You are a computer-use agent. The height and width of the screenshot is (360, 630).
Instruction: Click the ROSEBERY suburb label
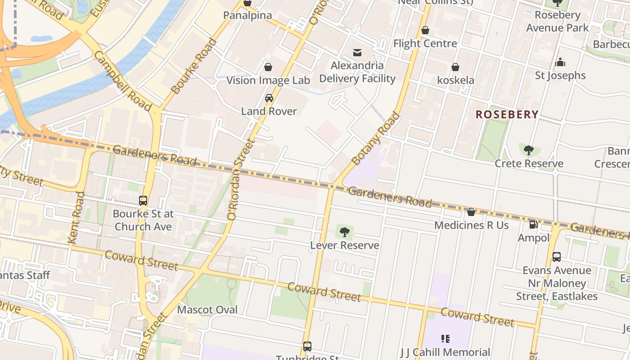pos(507,115)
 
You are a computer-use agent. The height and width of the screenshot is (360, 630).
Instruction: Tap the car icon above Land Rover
pos(269,98)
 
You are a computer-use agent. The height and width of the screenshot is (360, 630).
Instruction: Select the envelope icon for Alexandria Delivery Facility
pos(357,53)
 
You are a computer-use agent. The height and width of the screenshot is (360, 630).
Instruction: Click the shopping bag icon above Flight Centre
pos(425,31)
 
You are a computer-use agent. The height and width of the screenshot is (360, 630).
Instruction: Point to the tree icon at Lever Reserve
pos(344,232)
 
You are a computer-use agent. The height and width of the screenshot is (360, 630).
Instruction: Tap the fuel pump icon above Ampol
pos(533,225)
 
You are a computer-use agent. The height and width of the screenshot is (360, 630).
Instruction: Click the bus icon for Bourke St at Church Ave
pos(143,201)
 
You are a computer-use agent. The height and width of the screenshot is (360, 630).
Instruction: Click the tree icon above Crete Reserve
pos(529,150)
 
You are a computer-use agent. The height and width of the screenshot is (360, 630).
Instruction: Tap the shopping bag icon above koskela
pos(455,67)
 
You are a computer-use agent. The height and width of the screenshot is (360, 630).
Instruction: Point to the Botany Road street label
pos(375,139)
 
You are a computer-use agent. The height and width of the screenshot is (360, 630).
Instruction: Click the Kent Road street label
pos(76,218)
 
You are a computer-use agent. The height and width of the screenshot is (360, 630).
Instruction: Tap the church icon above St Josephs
pos(560,62)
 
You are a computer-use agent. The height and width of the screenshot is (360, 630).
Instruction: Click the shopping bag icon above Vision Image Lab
pos(268,67)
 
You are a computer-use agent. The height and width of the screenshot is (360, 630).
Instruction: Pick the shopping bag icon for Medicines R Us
pos(471,212)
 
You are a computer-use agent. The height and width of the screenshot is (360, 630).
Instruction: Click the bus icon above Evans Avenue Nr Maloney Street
pos(557,257)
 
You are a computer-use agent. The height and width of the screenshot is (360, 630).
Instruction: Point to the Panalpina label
pos(247,16)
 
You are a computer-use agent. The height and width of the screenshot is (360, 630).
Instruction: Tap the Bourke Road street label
pos(194,66)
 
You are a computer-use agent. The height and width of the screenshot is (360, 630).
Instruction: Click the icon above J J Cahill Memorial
pos(445,338)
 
